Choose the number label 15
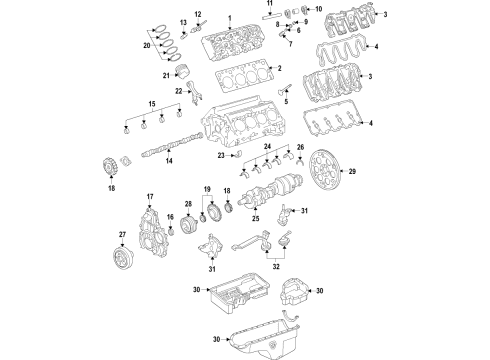152,104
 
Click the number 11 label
269,6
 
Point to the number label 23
220,156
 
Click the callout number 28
186,205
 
